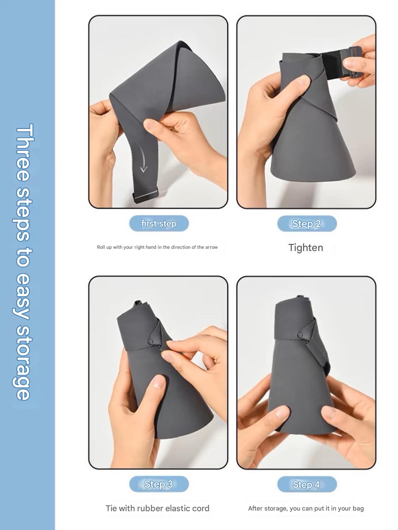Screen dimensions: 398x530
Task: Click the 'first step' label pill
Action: (x=159, y=223)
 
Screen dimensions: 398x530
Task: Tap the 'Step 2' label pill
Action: (x=307, y=223)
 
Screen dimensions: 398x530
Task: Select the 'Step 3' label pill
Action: (x=159, y=484)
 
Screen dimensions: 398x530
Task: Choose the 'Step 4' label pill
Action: (x=307, y=484)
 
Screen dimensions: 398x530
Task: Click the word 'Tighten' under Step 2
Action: (x=306, y=248)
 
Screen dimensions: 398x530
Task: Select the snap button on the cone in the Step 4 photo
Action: (x=300, y=335)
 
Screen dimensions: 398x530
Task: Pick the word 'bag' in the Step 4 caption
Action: (x=358, y=509)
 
